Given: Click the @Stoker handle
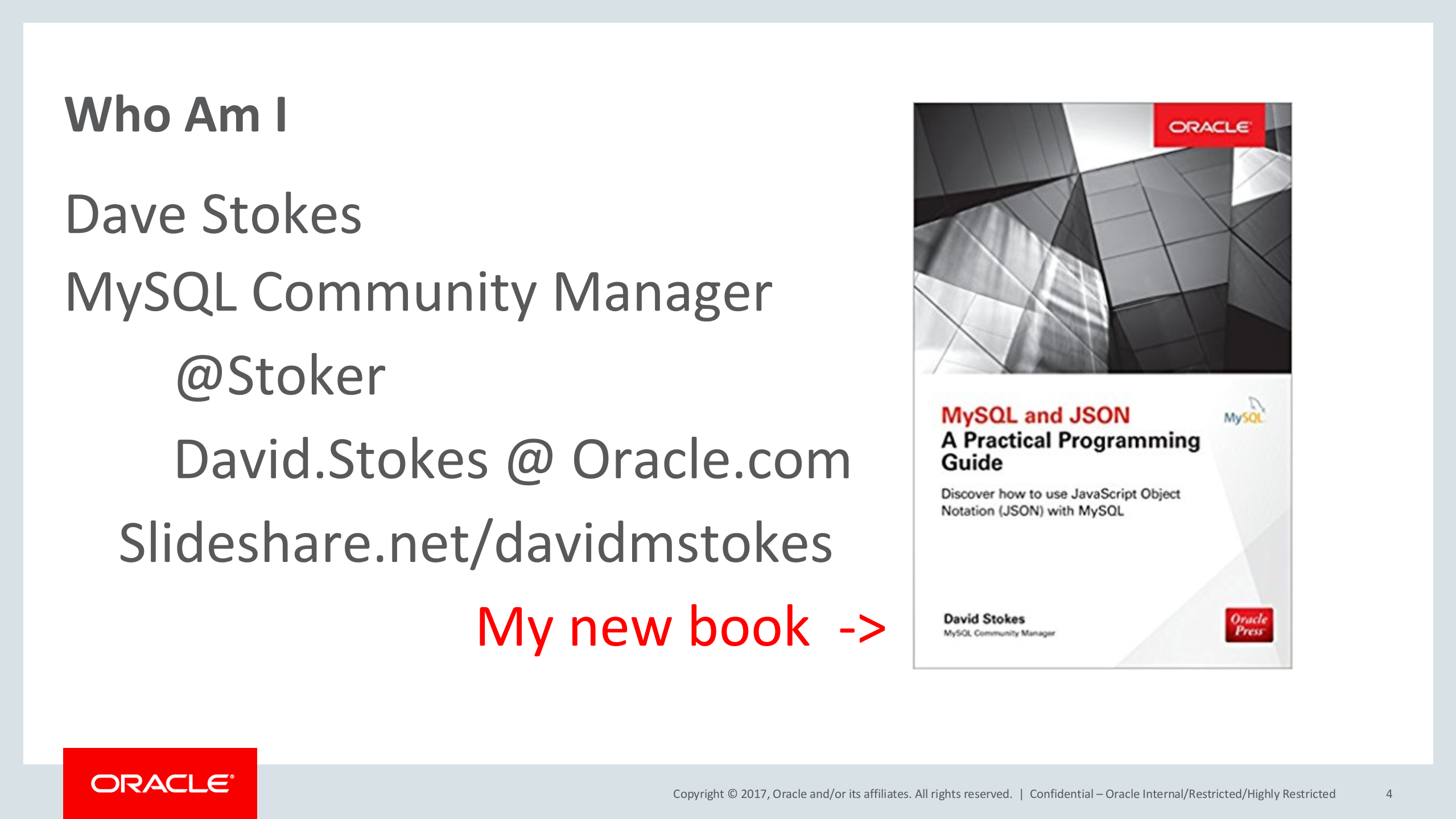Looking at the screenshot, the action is pyautogui.click(x=281, y=375).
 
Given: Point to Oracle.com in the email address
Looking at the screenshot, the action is pyautogui.click(x=711, y=460).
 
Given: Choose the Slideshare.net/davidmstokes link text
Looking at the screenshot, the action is pyautogui.click(x=476, y=543).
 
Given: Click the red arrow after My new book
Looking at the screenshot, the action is pyautogui.click(x=862, y=628).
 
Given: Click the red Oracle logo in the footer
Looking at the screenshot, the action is pyautogui.click(x=160, y=783).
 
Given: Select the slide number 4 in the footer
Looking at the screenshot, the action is pyautogui.click(x=1389, y=794).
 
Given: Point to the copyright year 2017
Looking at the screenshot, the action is pyautogui.click(x=753, y=794).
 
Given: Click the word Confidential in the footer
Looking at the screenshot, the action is pyautogui.click(x=1062, y=794).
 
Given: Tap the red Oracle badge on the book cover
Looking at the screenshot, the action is pyautogui.click(x=1209, y=125).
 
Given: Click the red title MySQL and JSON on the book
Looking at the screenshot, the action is pyautogui.click(x=1036, y=415).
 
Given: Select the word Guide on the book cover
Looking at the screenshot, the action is pyautogui.click(x=972, y=462).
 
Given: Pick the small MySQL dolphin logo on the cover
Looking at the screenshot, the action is pyautogui.click(x=1244, y=411).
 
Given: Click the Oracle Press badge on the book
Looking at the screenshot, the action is pyautogui.click(x=1249, y=625).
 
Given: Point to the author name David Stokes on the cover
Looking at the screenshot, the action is pyautogui.click(x=984, y=619).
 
